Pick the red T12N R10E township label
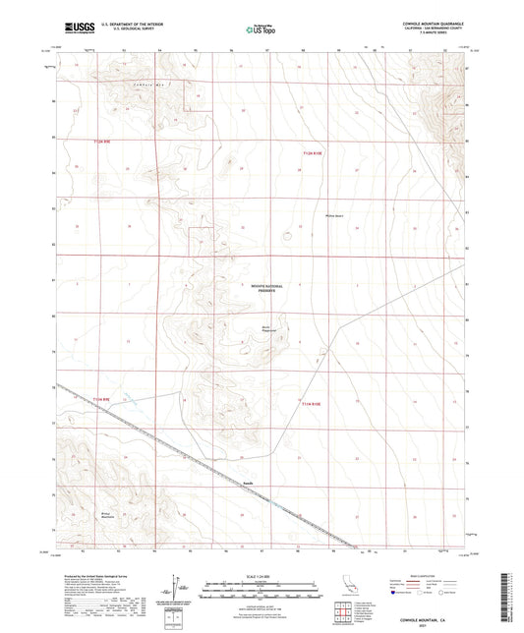pos(312,151)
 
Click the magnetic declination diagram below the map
pos(178,586)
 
